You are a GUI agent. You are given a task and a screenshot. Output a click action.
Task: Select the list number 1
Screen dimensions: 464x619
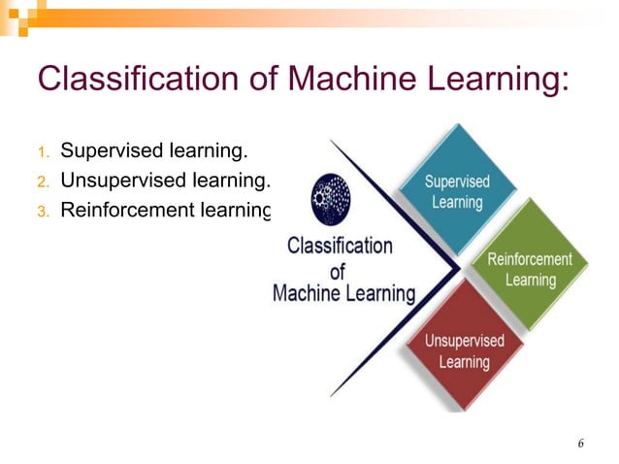42,151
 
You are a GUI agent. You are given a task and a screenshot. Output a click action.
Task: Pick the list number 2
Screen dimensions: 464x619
42,181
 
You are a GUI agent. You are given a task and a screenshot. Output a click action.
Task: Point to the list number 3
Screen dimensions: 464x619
42,210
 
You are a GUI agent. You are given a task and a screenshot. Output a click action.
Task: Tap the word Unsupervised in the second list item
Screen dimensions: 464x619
122,180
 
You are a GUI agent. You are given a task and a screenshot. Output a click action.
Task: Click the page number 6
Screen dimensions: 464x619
580,444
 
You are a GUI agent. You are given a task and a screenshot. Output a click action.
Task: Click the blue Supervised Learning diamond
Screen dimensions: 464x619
457,191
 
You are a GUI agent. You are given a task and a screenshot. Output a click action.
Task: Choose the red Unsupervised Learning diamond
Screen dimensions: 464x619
464,350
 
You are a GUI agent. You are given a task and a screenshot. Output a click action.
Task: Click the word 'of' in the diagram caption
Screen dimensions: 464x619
338,270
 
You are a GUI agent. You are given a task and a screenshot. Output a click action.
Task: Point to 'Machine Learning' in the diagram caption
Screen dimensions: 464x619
343,292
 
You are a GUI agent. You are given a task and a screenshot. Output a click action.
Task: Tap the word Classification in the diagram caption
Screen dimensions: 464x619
340,246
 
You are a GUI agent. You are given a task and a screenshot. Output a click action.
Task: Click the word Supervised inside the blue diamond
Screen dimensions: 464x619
457,182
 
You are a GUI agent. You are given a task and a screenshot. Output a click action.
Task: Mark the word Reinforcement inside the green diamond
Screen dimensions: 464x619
530,260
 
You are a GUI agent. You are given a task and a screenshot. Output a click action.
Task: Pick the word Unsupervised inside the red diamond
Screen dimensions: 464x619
464,341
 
